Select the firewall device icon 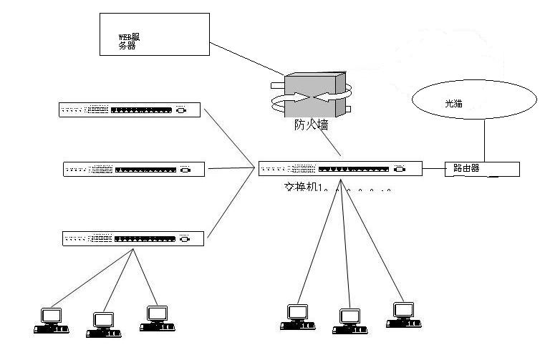[x=312, y=94]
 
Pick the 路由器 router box [x=481, y=170]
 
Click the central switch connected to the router [x=333, y=170]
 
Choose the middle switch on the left [x=134, y=170]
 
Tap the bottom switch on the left [x=133, y=238]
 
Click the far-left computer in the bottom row [x=51, y=320]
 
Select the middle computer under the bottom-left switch [x=103, y=324]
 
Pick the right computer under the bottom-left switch [x=156, y=318]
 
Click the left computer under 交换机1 [x=297, y=318]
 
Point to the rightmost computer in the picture [x=402, y=315]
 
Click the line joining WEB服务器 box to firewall [x=247, y=59]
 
